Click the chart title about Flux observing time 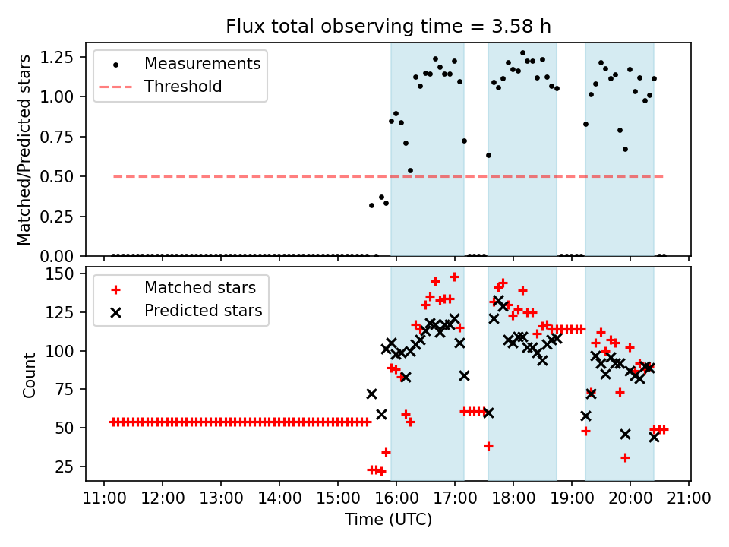388,27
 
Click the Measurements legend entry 202,63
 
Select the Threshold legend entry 183,87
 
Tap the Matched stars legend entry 200,288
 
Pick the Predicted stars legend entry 203,311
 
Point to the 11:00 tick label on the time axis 103,499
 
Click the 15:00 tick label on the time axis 338,499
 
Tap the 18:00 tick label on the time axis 513,499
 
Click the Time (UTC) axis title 388,520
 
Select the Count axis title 30,375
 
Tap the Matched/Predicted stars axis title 24,150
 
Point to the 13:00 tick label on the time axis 220,499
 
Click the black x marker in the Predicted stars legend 115,311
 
